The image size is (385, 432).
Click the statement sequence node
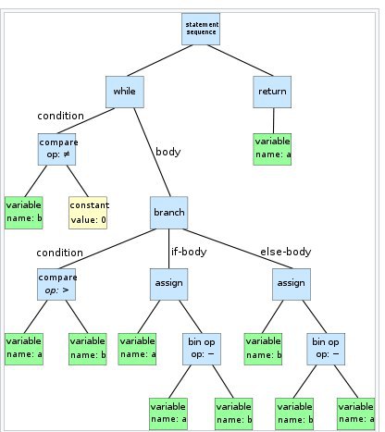click(201, 29)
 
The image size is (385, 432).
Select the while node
click(125, 92)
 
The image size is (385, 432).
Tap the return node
click(272, 92)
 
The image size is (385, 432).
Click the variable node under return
click(272, 149)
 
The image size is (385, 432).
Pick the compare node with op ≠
click(56, 149)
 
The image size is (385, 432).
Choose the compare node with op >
click(56, 284)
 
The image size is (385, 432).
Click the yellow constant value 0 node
click(88, 213)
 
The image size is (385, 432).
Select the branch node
click(168, 213)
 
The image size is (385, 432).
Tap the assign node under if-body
click(168, 284)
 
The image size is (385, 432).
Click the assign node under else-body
click(292, 284)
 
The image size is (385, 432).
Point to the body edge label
click(168, 152)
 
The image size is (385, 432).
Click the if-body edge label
click(189, 252)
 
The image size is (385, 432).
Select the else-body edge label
click(286, 252)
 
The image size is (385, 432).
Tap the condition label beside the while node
click(60, 116)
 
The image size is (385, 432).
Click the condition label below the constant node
click(59, 253)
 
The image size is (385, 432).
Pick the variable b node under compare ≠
click(24, 213)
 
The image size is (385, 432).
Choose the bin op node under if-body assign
click(202, 349)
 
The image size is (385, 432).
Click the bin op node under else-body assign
click(326, 349)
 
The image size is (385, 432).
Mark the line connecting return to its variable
click(273, 121)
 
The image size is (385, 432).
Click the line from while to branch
click(152, 153)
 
